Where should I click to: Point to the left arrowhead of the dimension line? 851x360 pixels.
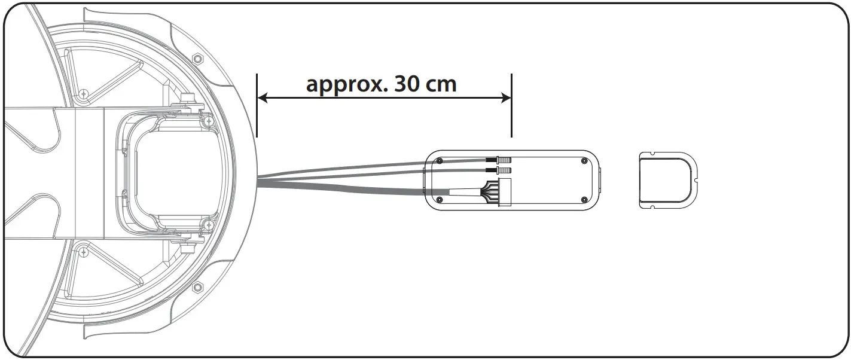263,97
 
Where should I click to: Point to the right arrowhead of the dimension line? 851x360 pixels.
506,97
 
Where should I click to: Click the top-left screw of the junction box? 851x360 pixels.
440,160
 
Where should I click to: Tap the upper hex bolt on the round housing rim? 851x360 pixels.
198,59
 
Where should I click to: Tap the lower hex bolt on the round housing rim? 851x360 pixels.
197,288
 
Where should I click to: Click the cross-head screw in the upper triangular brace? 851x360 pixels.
84,93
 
